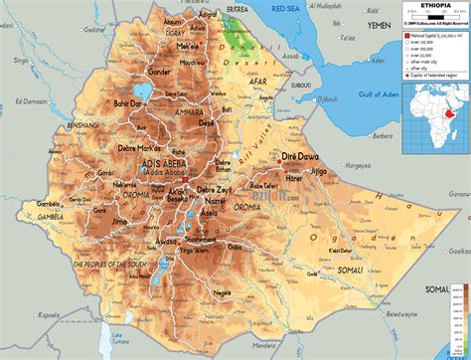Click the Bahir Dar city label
(x=126, y=102)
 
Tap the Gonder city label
(x=159, y=72)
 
